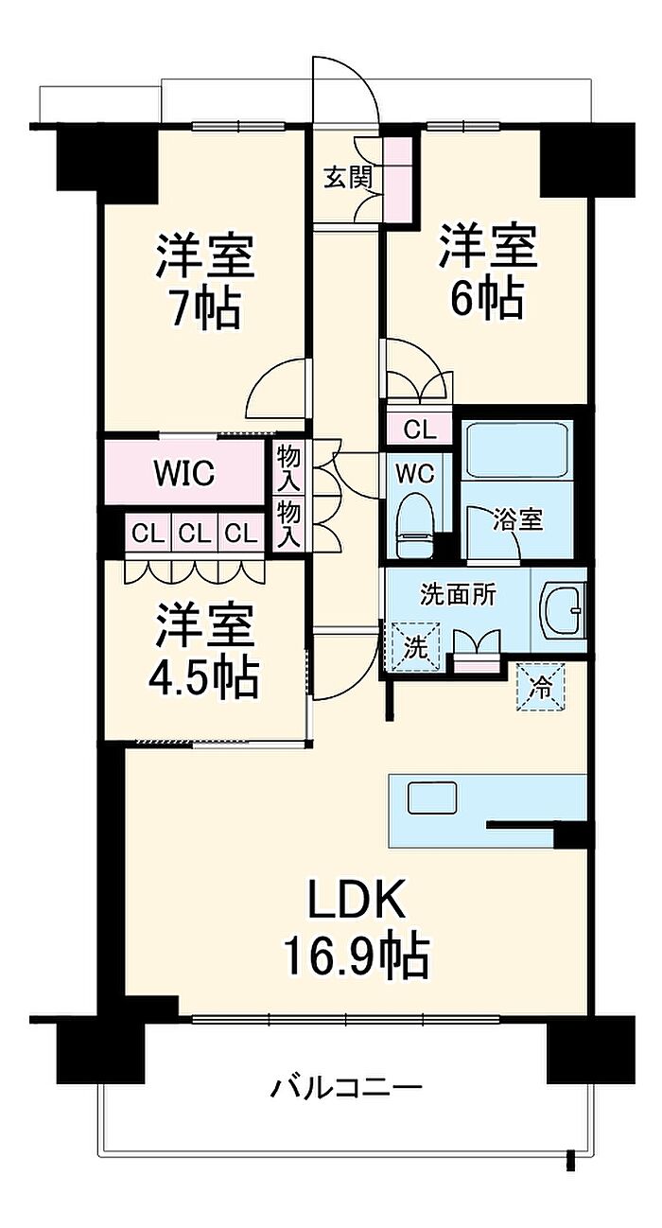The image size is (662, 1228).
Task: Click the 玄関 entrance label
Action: click(x=348, y=178)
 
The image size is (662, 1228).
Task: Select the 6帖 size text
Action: click(x=486, y=300)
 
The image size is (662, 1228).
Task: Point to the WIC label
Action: click(x=184, y=473)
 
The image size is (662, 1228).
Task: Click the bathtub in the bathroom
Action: click(x=516, y=448)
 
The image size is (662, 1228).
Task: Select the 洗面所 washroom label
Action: click(x=458, y=596)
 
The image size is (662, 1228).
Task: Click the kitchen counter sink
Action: click(x=432, y=798)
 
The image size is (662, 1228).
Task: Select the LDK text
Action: click(x=357, y=901)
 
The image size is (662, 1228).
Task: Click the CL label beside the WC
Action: click(x=421, y=430)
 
